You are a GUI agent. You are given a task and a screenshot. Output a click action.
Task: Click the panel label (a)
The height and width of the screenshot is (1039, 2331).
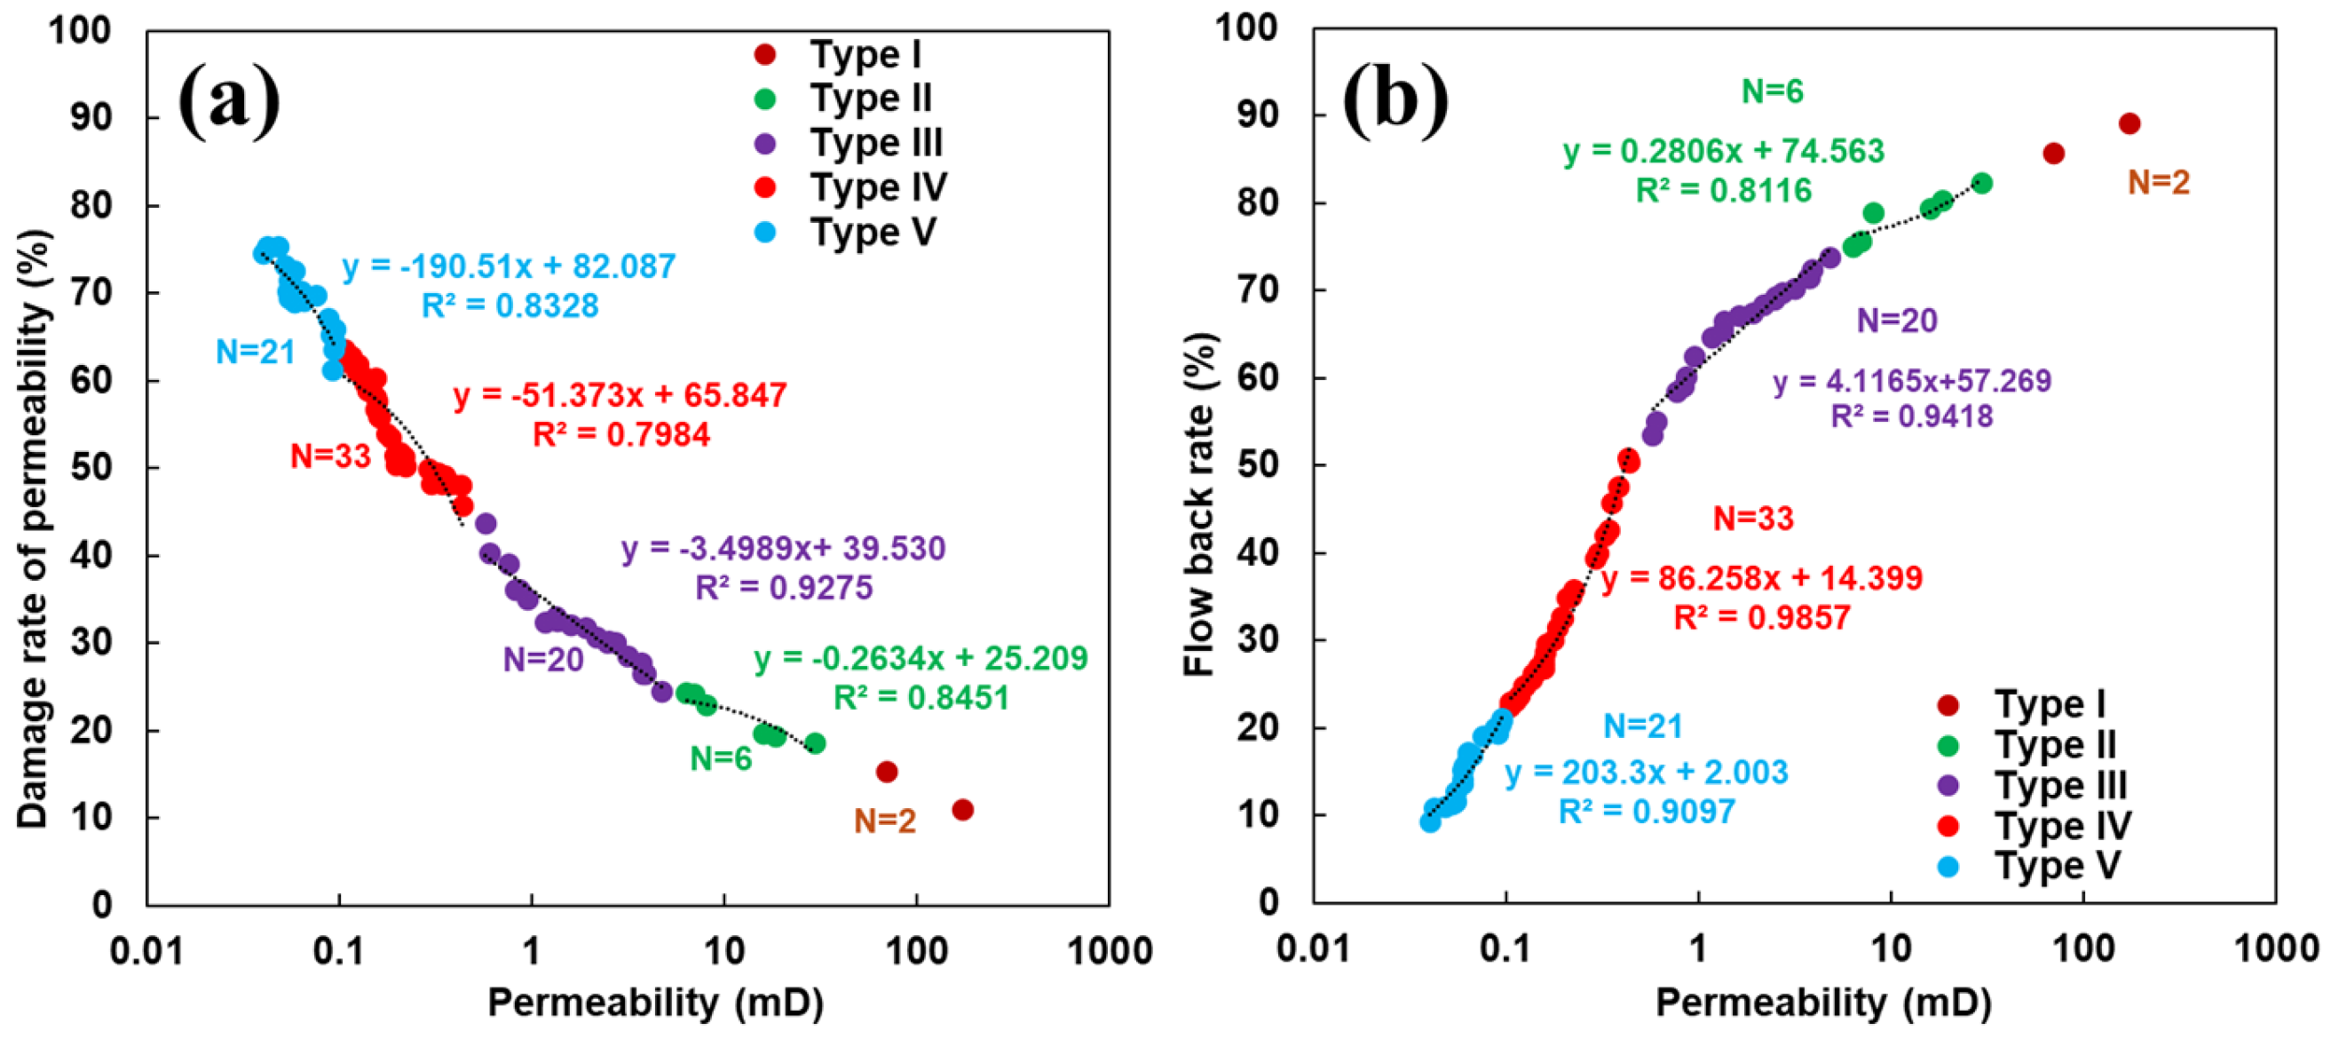click(x=229, y=100)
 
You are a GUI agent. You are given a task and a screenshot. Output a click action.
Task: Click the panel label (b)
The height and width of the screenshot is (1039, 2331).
click(x=1395, y=100)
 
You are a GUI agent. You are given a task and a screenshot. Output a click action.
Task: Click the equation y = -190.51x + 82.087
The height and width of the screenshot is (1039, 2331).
click(x=509, y=266)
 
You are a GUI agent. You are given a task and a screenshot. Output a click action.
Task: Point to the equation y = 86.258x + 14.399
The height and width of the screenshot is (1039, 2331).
click(x=1762, y=577)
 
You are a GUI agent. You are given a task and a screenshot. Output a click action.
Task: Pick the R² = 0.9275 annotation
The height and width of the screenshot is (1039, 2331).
click(x=784, y=588)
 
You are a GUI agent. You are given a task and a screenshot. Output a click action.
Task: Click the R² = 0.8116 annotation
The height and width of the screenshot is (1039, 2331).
click(x=1724, y=190)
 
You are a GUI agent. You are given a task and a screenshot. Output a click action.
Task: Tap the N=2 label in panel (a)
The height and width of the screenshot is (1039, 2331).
click(x=885, y=821)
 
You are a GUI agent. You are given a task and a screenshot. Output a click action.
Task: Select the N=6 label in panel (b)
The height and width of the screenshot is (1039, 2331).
click(x=1773, y=91)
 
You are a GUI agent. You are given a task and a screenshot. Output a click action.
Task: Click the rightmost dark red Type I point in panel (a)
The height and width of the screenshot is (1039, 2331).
click(x=963, y=810)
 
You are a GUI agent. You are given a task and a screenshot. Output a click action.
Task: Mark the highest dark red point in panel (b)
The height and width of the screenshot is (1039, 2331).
click(x=2130, y=124)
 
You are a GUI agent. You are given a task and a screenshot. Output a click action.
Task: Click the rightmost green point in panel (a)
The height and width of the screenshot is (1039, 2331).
click(x=815, y=744)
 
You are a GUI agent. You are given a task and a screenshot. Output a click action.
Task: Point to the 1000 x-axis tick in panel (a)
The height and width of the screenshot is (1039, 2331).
click(x=1109, y=951)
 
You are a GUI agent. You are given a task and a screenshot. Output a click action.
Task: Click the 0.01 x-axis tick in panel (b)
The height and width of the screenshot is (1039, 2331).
click(x=1314, y=949)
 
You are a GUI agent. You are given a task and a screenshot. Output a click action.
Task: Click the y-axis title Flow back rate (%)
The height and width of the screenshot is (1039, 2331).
click(x=1199, y=505)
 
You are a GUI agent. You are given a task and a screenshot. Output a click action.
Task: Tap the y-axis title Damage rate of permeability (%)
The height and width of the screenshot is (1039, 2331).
click(x=34, y=529)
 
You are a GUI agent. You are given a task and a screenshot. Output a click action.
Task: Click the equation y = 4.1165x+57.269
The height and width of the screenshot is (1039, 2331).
click(x=1911, y=381)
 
